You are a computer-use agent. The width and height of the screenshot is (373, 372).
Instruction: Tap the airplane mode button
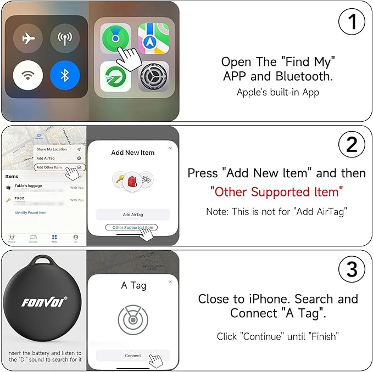(29, 38)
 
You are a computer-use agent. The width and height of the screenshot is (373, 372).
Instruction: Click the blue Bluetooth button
(65, 75)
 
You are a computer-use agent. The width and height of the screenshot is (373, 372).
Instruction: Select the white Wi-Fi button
(29, 75)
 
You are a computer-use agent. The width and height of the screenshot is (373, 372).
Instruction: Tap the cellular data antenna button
(65, 38)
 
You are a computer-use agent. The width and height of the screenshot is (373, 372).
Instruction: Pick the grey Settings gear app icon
(153, 76)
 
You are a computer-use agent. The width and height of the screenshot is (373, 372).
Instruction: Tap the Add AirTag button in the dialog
(133, 215)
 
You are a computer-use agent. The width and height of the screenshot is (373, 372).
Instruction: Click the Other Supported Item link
(132, 227)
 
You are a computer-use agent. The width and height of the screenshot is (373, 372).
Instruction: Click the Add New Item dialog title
(133, 153)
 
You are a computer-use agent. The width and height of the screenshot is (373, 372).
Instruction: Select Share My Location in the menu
(52, 149)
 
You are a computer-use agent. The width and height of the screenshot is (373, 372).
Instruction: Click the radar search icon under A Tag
(133, 319)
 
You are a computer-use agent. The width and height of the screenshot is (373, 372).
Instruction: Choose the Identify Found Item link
(30, 212)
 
